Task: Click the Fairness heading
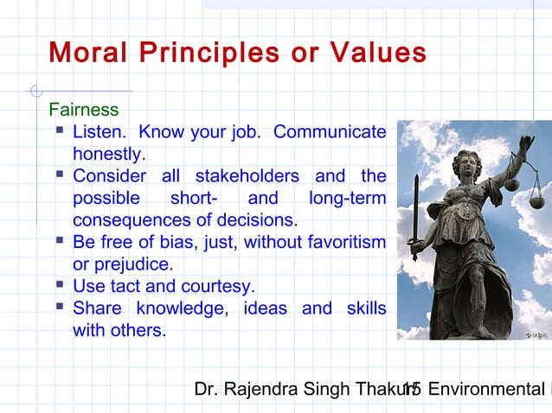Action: pyautogui.click(x=83, y=111)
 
